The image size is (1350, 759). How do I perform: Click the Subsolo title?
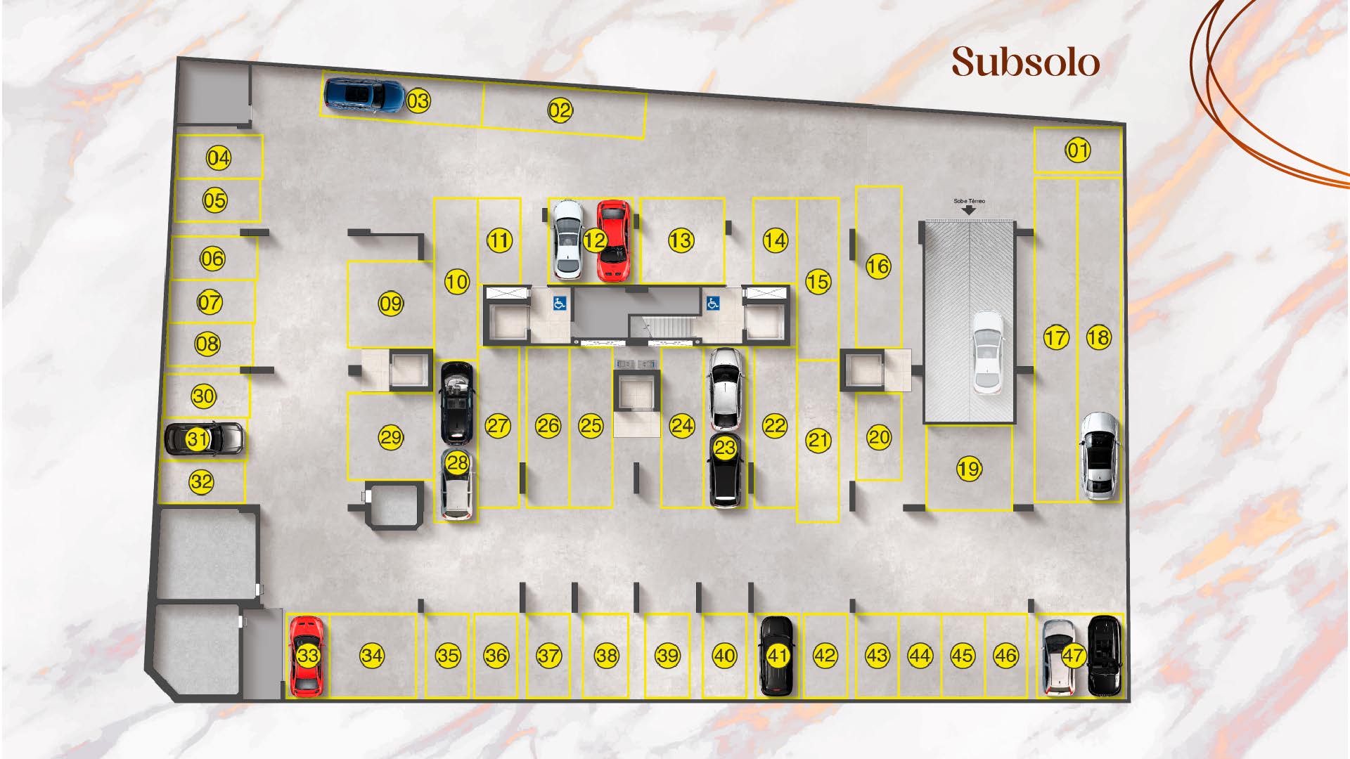(x=1026, y=62)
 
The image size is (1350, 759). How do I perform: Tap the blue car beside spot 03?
(x=364, y=96)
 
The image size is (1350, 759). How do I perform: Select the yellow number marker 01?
(x=1078, y=150)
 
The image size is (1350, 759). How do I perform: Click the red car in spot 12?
(x=613, y=240)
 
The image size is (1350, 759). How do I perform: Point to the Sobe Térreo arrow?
(x=969, y=209)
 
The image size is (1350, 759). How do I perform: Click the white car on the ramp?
(x=988, y=353)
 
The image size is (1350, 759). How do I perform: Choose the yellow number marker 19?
(x=969, y=469)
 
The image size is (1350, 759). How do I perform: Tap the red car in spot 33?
(x=307, y=656)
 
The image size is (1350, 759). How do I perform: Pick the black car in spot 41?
(x=777, y=656)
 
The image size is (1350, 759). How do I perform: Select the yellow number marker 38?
(x=606, y=656)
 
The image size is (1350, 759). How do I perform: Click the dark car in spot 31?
(x=203, y=439)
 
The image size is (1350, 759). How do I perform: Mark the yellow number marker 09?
(x=390, y=304)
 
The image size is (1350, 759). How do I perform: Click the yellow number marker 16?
(x=877, y=266)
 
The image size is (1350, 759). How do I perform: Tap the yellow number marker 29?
(x=390, y=437)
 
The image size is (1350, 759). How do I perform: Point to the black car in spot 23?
(x=726, y=469)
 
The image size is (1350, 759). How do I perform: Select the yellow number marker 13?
(x=681, y=240)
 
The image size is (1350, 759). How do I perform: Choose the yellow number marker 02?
(x=560, y=110)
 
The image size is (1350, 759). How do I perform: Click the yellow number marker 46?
(x=1005, y=656)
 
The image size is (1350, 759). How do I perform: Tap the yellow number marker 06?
(x=212, y=259)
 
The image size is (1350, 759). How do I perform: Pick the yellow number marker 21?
(x=818, y=440)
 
